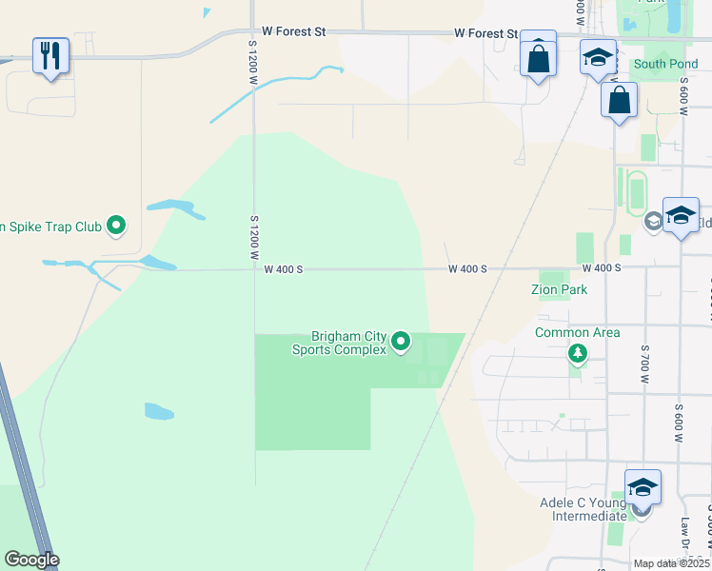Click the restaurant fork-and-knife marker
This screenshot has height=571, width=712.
(50, 54)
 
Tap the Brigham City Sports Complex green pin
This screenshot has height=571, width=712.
(401, 340)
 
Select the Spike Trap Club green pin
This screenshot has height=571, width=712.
(117, 226)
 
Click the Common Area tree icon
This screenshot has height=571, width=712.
(577, 354)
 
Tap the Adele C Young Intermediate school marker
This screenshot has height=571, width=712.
(643, 486)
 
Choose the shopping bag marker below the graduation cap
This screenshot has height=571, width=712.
(619, 99)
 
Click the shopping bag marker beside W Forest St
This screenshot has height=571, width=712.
(538, 58)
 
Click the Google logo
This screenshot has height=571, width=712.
(31, 560)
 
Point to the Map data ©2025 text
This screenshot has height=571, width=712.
(671, 563)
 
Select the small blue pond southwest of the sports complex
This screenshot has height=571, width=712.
(159, 411)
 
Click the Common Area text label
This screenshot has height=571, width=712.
(577, 332)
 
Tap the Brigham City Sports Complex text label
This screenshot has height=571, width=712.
(348, 343)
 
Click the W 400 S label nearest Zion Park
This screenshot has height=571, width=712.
(602, 269)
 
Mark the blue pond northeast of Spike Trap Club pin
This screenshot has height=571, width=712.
(170, 206)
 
